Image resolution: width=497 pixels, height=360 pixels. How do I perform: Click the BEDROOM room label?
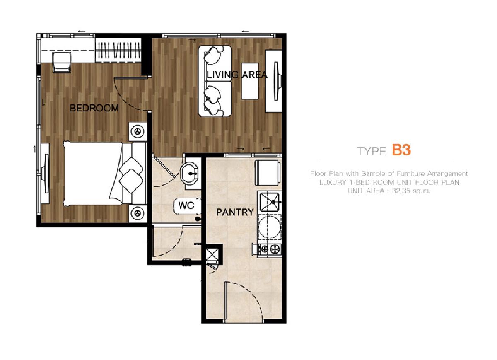[94, 108]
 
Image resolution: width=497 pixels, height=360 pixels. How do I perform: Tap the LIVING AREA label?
[237, 75]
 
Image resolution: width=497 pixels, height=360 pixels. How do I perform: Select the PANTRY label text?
[235, 212]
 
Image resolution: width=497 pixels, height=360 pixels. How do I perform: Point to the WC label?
[186, 205]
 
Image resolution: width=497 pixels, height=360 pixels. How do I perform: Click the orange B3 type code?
[401, 150]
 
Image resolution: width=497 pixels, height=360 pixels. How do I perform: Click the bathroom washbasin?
[189, 173]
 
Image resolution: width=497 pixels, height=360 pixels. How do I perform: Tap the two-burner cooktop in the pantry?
[269, 249]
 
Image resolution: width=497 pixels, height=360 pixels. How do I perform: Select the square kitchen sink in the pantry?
[269, 202]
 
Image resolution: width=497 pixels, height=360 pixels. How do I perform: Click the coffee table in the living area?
[250, 81]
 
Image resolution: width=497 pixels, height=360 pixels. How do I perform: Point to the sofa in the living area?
[215, 81]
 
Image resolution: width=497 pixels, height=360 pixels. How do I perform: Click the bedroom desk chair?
[62, 63]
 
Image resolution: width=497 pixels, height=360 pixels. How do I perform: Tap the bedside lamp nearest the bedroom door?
[138, 132]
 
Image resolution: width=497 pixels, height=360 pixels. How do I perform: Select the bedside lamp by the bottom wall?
[138, 213]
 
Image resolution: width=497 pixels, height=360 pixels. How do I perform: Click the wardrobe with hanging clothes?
[118, 51]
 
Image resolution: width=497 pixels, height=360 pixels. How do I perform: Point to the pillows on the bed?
[131, 175]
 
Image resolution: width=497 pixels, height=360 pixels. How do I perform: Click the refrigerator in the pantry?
[267, 173]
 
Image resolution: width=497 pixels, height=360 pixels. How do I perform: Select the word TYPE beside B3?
[372, 152]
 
